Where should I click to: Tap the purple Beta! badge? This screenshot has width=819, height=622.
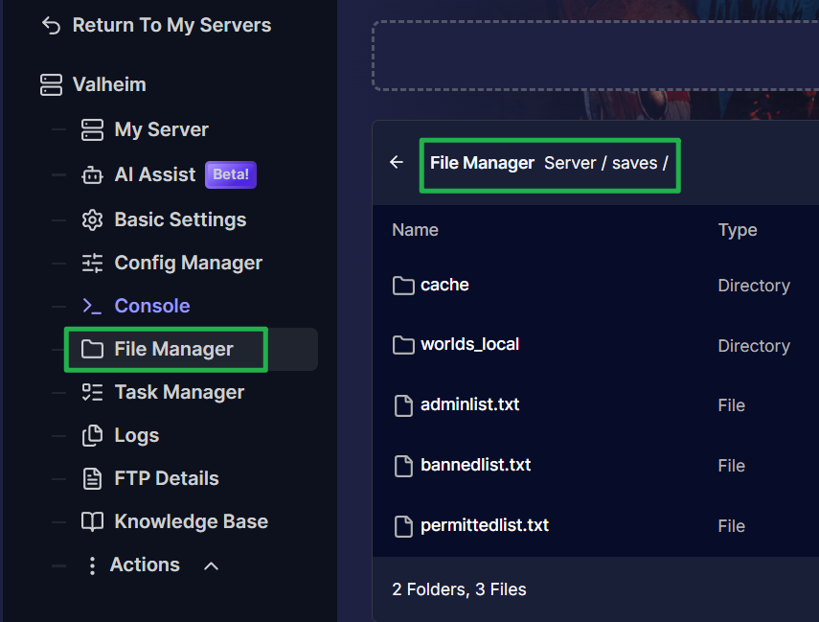[230, 174]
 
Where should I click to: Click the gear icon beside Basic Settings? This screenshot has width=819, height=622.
[93, 220]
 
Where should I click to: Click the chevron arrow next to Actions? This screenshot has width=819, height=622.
[211, 566]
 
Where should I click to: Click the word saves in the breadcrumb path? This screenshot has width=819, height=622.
[635, 163]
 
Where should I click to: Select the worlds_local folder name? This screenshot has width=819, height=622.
[470, 344]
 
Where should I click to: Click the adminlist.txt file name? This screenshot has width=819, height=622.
[470, 404]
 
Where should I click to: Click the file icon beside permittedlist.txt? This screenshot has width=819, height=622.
[403, 526]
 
